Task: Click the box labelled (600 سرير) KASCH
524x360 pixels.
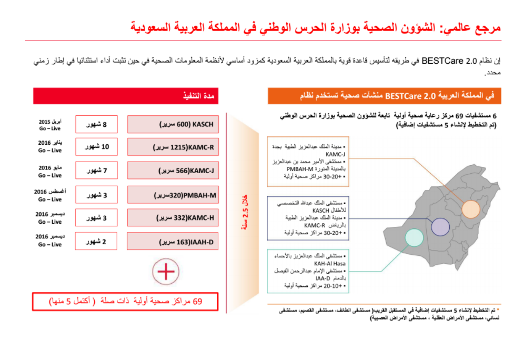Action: coord(173,124)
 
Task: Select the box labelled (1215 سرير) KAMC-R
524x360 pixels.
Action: coord(173,147)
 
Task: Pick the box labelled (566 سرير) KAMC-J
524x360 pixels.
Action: coord(173,171)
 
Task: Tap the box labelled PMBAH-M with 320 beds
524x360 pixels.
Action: coord(173,195)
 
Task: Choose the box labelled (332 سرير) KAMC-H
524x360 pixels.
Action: coord(173,217)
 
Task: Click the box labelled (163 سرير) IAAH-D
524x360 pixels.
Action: coord(173,242)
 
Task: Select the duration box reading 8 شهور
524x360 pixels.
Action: coord(96,124)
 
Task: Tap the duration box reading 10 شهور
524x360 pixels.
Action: coord(96,147)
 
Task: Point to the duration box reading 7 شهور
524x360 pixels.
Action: coord(96,171)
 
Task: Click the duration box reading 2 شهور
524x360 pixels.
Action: coord(96,242)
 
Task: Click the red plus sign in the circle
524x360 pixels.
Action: coord(166,272)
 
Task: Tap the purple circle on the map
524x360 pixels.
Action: coord(440,226)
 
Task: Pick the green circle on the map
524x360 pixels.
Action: coord(414,237)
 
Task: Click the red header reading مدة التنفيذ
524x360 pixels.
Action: coord(126,96)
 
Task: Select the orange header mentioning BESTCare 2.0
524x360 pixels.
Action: coord(384,96)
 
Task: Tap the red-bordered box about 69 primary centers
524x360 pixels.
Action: coord(126,301)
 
